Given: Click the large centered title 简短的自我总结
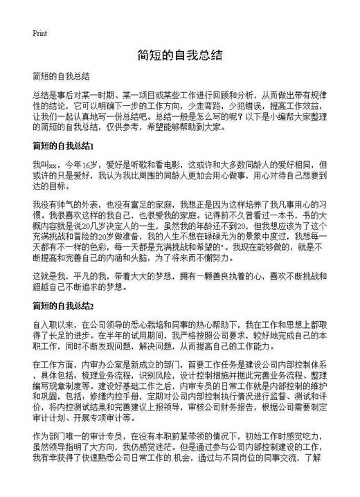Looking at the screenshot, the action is click(x=179, y=55).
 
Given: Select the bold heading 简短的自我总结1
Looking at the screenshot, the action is click(x=64, y=147).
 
